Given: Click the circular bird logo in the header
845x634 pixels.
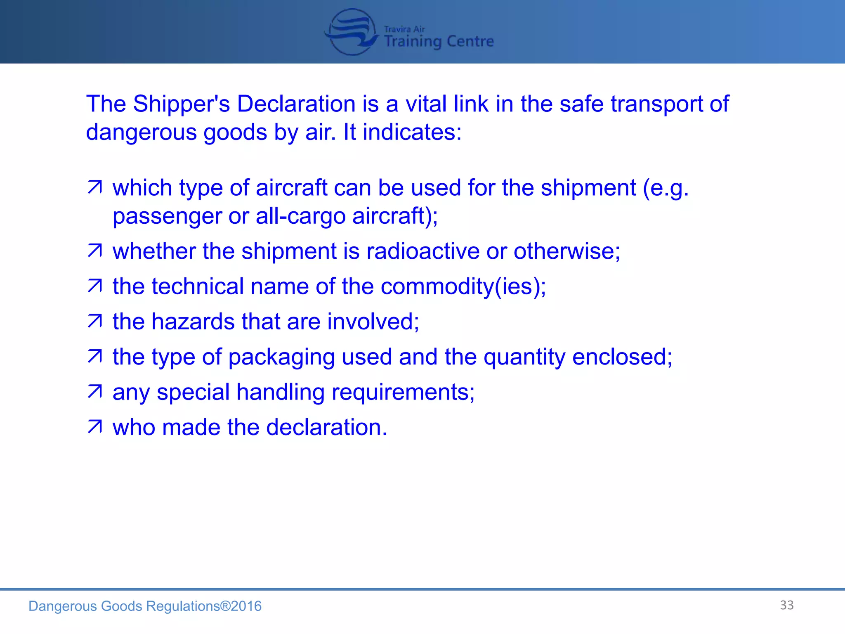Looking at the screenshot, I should point(351,32).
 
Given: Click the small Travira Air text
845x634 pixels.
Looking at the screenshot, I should point(404,29).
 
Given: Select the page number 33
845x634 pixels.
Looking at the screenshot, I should point(786,605).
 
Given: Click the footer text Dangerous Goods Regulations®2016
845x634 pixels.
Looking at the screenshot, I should point(145,606).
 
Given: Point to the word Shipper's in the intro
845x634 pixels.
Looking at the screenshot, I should point(181,104).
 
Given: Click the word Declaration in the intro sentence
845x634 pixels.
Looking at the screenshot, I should point(296,104).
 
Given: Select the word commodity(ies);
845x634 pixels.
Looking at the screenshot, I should point(463,286).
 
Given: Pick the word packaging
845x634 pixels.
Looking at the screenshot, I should point(281,357).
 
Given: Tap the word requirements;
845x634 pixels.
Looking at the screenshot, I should point(403,392).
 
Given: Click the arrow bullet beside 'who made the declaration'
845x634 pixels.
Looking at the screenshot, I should point(95,427).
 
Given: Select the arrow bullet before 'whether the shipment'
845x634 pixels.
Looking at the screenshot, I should point(95,251).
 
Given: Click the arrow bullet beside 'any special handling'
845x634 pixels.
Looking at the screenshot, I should point(95,392).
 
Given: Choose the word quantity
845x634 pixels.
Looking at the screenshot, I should point(524,357).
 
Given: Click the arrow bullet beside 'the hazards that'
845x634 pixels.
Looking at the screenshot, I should point(95,321).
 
